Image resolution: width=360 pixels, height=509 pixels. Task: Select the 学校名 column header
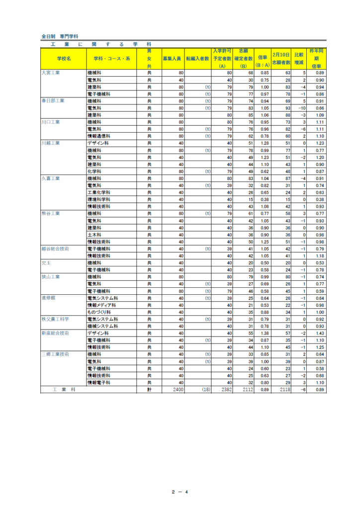(x=64, y=59)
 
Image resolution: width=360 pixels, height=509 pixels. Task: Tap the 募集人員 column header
(x=172, y=59)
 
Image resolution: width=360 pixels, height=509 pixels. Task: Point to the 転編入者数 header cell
(x=198, y=59)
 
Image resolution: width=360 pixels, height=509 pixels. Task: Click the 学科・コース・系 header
(x=111, y=59)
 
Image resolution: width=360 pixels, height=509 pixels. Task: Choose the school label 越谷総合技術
(x=55, y=249)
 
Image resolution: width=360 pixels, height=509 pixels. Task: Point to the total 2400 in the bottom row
(x=178, y=390)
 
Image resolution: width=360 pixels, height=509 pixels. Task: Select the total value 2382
(x=226, y=390)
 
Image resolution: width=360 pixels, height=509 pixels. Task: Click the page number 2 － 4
(x=180, y=492)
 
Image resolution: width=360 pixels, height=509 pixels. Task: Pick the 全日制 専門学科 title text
(x=60, y=36)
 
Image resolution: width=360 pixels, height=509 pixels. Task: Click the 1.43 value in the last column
(x=320, y=334)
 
